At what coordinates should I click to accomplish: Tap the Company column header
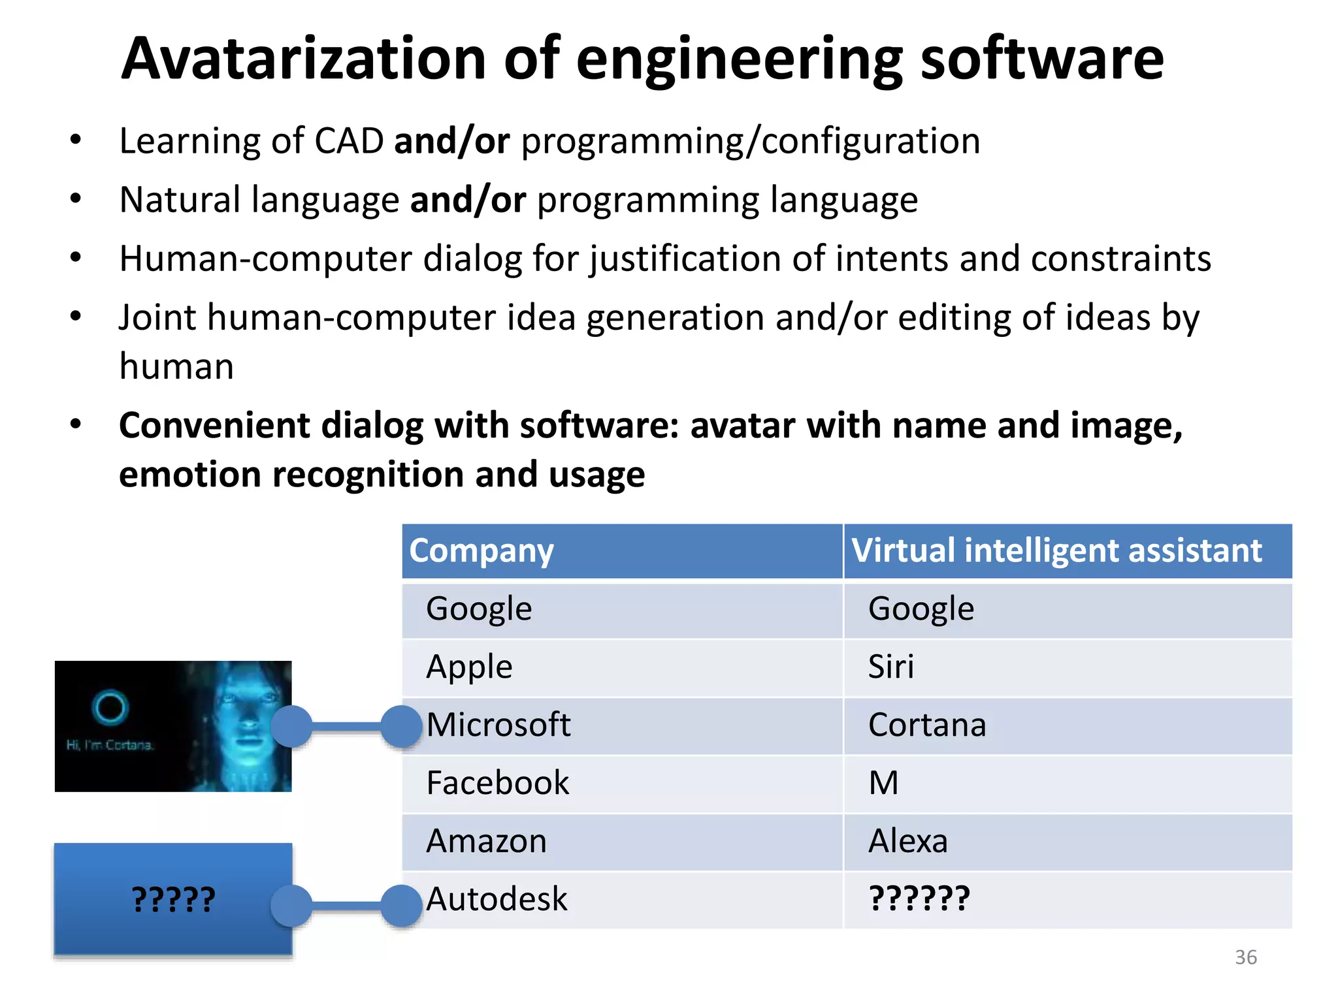(481, 550)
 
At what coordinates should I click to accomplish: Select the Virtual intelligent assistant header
(1056, 550)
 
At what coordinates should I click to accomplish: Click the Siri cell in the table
(890, 667)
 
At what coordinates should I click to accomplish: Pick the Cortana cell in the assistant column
(926, 725)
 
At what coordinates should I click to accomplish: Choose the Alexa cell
(907, 841)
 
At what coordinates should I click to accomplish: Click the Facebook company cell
(497, 783)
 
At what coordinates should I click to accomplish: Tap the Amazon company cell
(486, 841)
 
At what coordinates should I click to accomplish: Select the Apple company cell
(469, 667)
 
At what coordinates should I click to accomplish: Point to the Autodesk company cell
(497, 899)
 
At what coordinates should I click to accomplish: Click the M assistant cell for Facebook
(883, 783)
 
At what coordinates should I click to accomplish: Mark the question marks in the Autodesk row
(919, 899)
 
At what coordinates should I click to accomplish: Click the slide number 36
(1245, 957)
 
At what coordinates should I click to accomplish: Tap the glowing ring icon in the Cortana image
(110, 707)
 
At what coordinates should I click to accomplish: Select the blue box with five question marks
(173, 899)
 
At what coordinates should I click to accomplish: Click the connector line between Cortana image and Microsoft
(346, 726)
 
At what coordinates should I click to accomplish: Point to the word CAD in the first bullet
(349, 141)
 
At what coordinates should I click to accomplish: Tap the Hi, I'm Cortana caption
(109, 745)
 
